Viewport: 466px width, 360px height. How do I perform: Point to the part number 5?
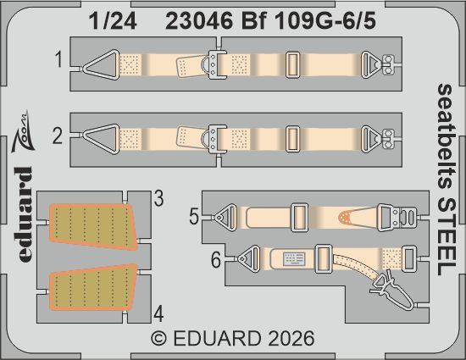[x=194, y=217]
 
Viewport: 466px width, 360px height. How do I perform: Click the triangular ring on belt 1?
[x=104, y=63]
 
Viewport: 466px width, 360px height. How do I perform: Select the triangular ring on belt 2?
[x=104, y=135]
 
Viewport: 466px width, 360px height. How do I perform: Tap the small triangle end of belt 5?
[x=226, y=218]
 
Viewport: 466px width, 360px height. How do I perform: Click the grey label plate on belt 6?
[x=296, y=256]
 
